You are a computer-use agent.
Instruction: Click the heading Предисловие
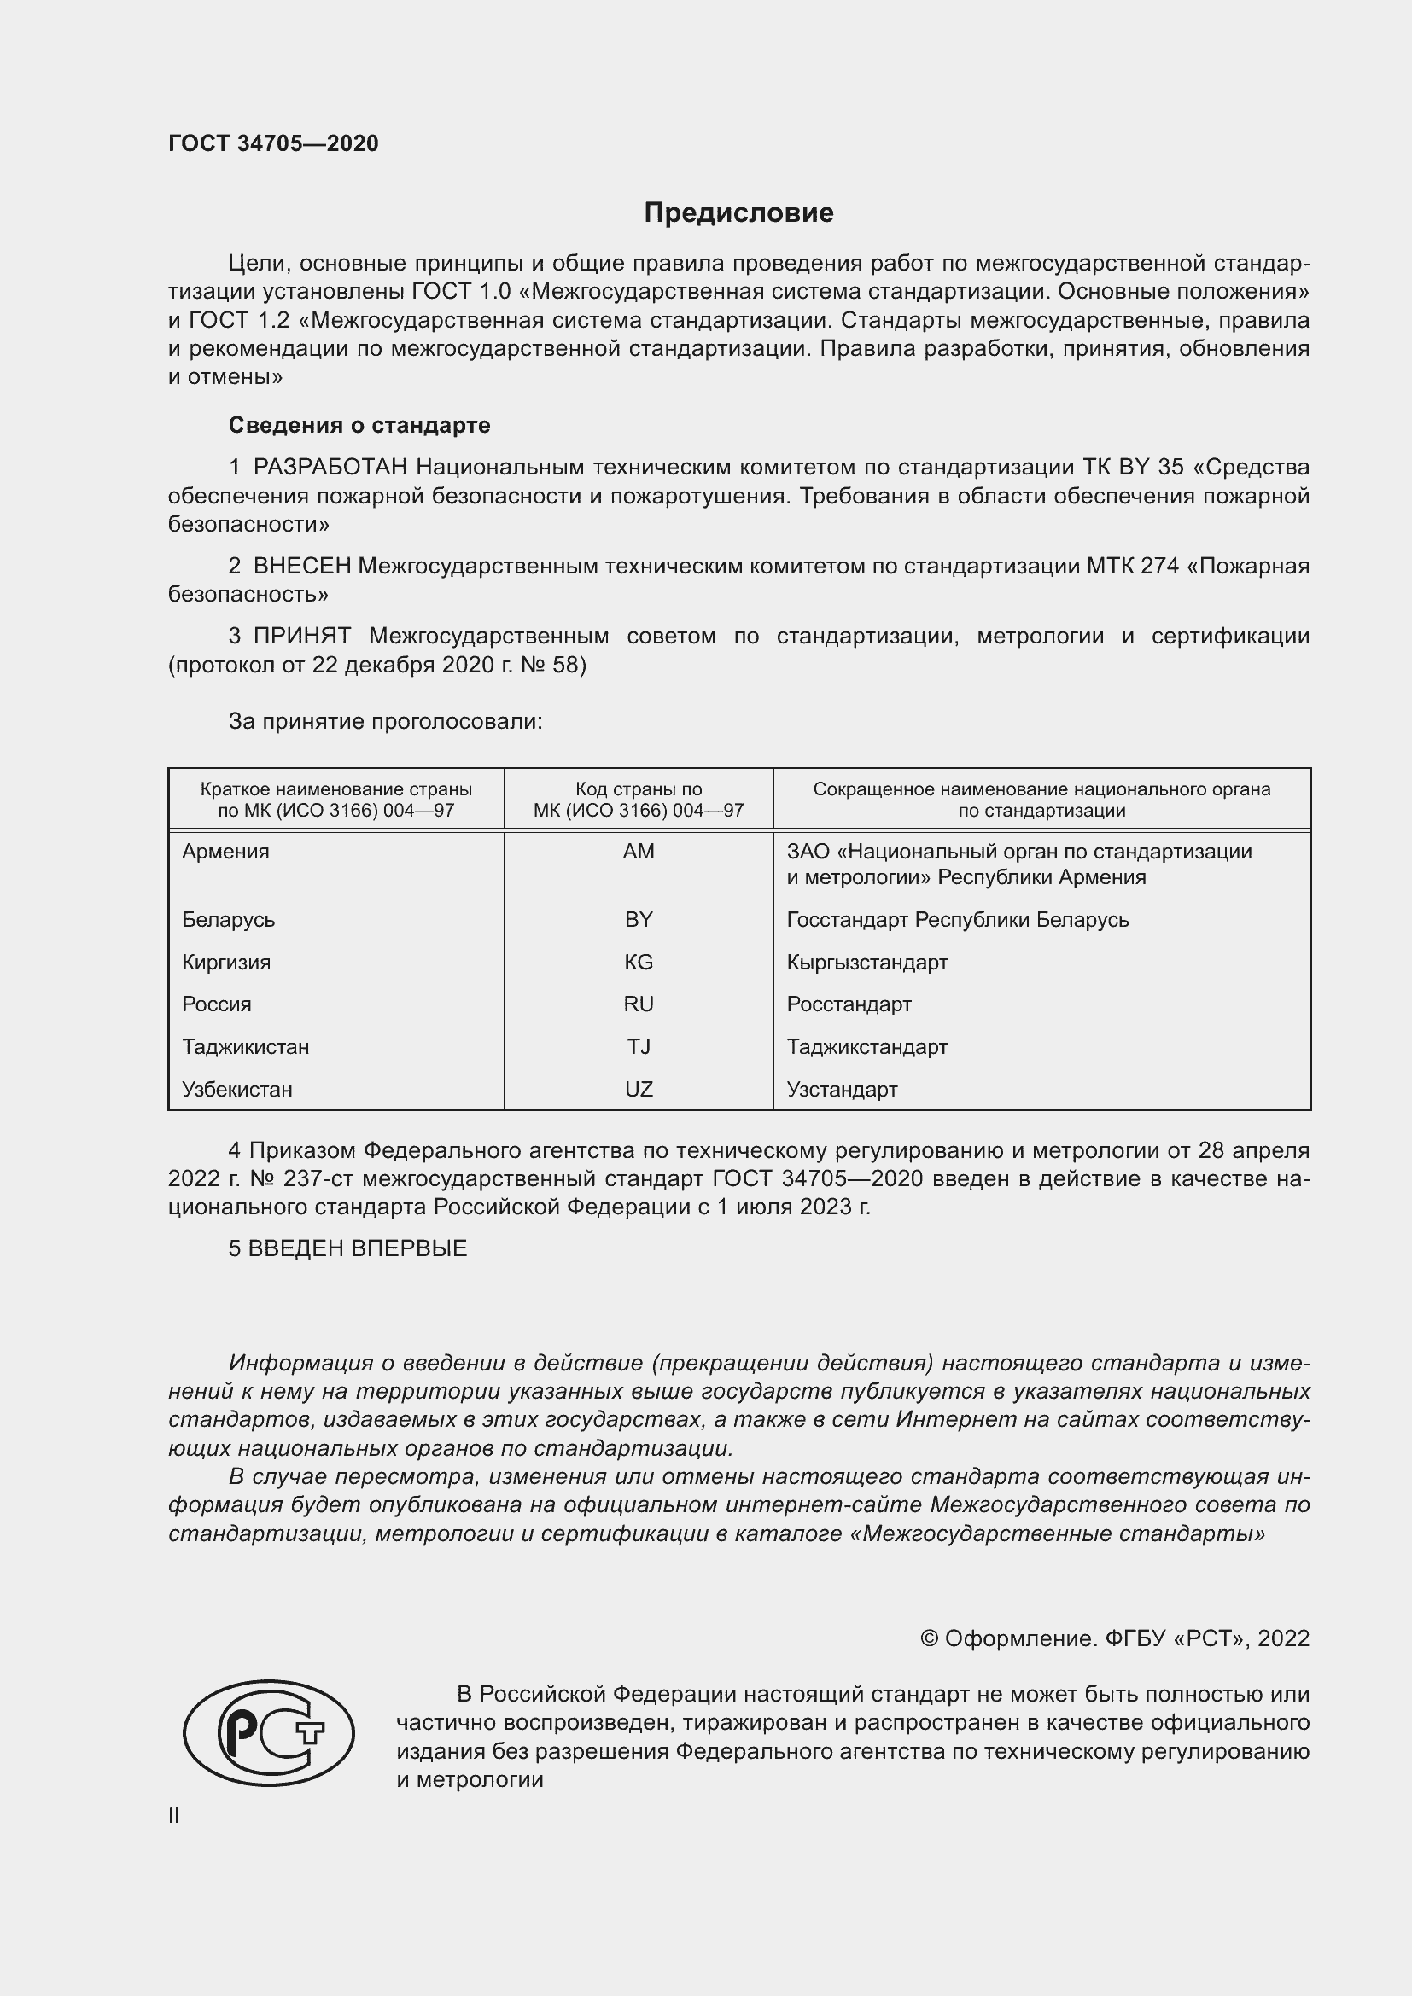(738, 213)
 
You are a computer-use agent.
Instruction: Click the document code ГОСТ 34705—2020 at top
(273, 143)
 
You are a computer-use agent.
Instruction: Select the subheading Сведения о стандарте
(359, 425)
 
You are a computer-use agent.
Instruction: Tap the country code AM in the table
(639, 852)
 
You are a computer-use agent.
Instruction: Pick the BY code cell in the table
(639, 920)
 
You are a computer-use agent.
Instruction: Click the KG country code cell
(639, 963)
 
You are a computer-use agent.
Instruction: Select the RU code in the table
(639, 1004)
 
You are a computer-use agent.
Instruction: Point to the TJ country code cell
(639, 1047)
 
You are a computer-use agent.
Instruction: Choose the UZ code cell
(639, 1089)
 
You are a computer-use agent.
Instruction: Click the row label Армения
(225, 852)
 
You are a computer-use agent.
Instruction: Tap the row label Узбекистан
(236, 1089)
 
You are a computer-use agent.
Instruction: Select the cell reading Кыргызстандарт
(866, 963)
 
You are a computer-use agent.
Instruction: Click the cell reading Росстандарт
(849, 1004)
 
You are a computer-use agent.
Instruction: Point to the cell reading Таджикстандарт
(866, 1047)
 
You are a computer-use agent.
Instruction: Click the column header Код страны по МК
(639, 800)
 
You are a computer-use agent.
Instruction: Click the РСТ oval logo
(269, 1732)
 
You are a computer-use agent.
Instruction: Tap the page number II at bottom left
(174, 1816)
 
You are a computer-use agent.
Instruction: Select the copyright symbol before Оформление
(929, 1638)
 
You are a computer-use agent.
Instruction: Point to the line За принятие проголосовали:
(385, 722)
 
